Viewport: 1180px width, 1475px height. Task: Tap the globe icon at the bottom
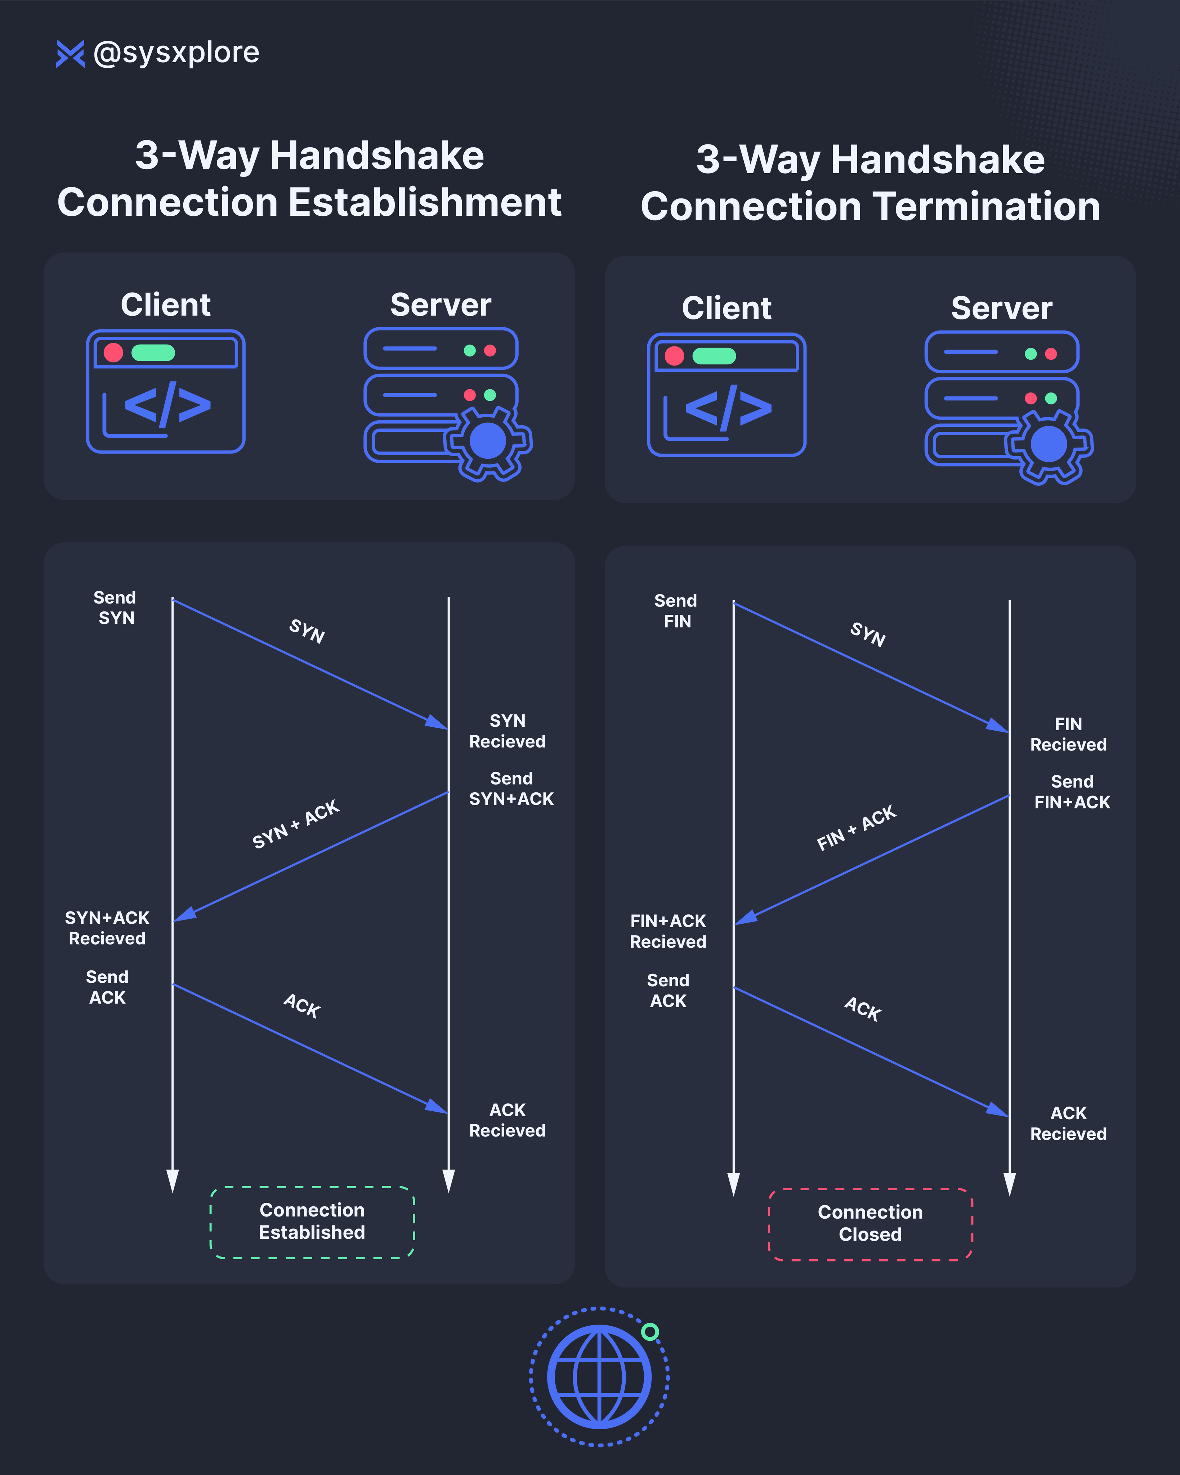pos(600,1376)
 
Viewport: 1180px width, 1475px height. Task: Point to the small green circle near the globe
pos(650,1331)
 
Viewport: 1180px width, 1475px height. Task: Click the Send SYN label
pos(115,608)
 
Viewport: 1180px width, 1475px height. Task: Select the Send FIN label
pos(676,611)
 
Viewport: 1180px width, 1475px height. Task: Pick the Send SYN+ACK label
pos(511,788)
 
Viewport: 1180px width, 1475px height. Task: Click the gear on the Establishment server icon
pos(488,441)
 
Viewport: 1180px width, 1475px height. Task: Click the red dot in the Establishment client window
pos(113,352)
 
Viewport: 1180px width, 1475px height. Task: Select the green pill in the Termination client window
pos(714,356)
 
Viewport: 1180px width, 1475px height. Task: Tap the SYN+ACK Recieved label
pos(107,928)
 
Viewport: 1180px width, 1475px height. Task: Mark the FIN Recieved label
pos(1068,734)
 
